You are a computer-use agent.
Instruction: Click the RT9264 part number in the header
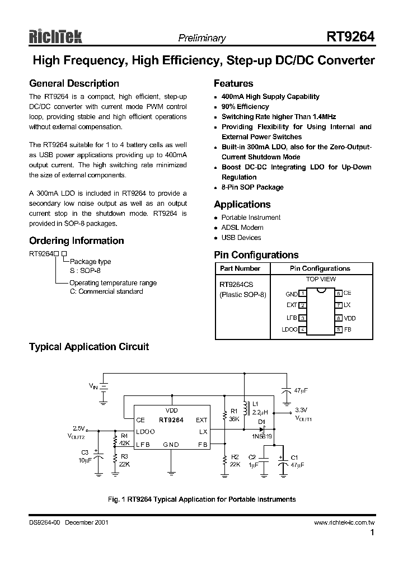pos(350,37)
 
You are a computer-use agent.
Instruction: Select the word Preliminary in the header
pos(201,39)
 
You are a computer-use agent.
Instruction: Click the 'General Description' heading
pos(74,84)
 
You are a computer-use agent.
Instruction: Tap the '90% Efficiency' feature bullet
pos(245,107)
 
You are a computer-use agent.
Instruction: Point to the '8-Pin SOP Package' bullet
pos(252,187)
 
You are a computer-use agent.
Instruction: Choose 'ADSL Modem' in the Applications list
pos(242,228)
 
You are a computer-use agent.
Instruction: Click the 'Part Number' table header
pos(240,268)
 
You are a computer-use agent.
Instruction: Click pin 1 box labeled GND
pos(302,293)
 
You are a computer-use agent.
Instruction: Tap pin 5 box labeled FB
pos(339,330)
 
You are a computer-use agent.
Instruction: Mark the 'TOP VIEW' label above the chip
pos(321,279)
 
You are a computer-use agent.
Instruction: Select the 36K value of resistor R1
pos(234,419)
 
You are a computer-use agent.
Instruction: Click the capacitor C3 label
pos(85,452)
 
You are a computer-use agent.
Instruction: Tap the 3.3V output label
pos(302,409)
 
